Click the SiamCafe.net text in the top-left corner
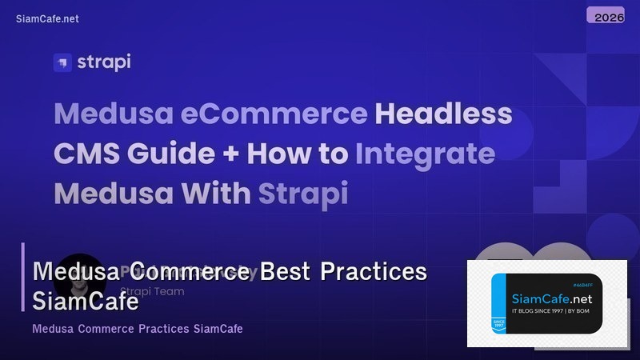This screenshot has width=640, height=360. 47,19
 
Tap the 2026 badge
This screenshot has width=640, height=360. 610,16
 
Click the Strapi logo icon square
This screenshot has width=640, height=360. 62,62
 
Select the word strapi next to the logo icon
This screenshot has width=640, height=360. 104,62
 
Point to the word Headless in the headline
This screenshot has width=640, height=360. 444,114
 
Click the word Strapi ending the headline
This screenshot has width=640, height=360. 304,193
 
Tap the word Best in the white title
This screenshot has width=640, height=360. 285,271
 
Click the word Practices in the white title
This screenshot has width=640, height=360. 374,271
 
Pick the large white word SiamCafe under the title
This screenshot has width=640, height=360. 86,302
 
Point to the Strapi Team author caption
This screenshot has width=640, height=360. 152,292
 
